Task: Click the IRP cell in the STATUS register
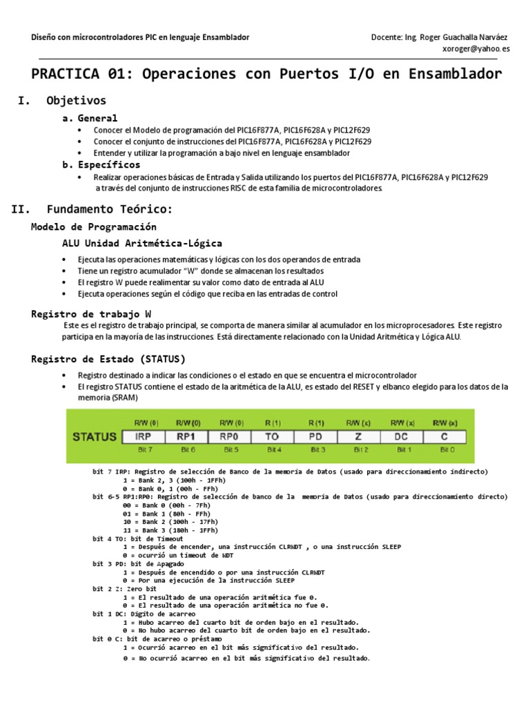(x=144, y=436)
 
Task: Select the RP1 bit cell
(x=188, y=436)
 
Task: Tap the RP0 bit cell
(x=230, y=436)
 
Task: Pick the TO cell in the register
(x=273, y=436)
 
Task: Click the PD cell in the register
(x=316, y=436)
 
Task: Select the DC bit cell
(x=402, y=436)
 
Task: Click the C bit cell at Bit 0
(x=444, y=436)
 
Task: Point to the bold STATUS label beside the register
(x=93, y=436)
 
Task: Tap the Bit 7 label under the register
(x=144, y=449)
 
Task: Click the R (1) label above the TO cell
(x=273, y=422)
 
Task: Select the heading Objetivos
(x=76, y=101)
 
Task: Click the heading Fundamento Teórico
(x=110, y=209)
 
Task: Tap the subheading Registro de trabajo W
(x=91, y=313)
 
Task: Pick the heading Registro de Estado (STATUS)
(x=108, y=359)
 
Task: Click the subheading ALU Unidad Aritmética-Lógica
(x=142, y=243)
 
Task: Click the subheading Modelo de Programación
(x=94, y=226)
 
